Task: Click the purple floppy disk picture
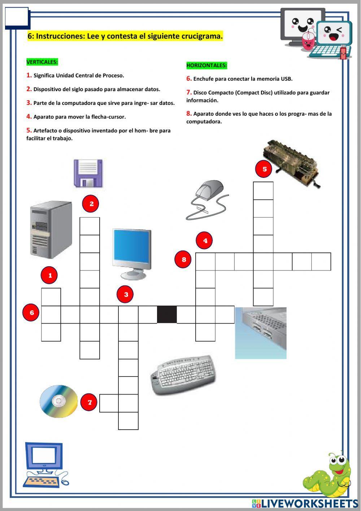pyautogui.click(x=88, y=173)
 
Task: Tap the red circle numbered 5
pyautogui.click(x=264, y=169)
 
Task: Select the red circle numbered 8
pyautogui.click(x=184, y=259)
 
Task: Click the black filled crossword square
pyautogui.click(x=167, y=314)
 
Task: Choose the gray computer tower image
pyautogui.click(x=51, y=229)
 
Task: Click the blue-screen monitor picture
pyautogui.click(x=132, y=253)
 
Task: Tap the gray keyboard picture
pyautogui.click(x=183, y=375)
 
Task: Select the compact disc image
pyautogui.click(x=59, y=401)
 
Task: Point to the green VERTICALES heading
pyautogui.click(x=42, y=62)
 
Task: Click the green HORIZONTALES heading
pyautogui.click(x=206, y=65)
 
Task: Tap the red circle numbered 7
pyautogui.click(x=90, y=402)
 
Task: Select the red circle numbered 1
pyautogui.click(x=50, y=275)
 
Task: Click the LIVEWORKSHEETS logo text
pyautogui.click(x=309, y=503)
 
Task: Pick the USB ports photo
pyautogui.click(x=261, y=333)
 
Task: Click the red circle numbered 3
pyautogui.click(x=126, y=294)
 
